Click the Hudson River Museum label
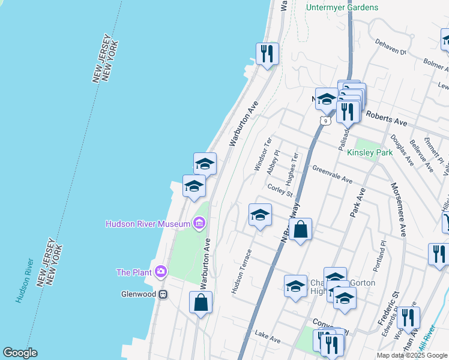pos(148,224)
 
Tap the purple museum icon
pos(199,224)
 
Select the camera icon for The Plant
pos(161,272)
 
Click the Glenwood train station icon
pos(163,295)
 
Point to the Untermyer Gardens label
pos(342,7)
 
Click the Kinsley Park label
pos(370,153)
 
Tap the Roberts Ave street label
pos(387,119)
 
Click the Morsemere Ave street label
pos(399,209)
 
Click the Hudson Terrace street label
pos(242,271)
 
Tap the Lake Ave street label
pos(268,339)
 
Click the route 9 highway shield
pos(325,121)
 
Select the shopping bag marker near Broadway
pos(300,229)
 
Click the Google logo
pos(20,353)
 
